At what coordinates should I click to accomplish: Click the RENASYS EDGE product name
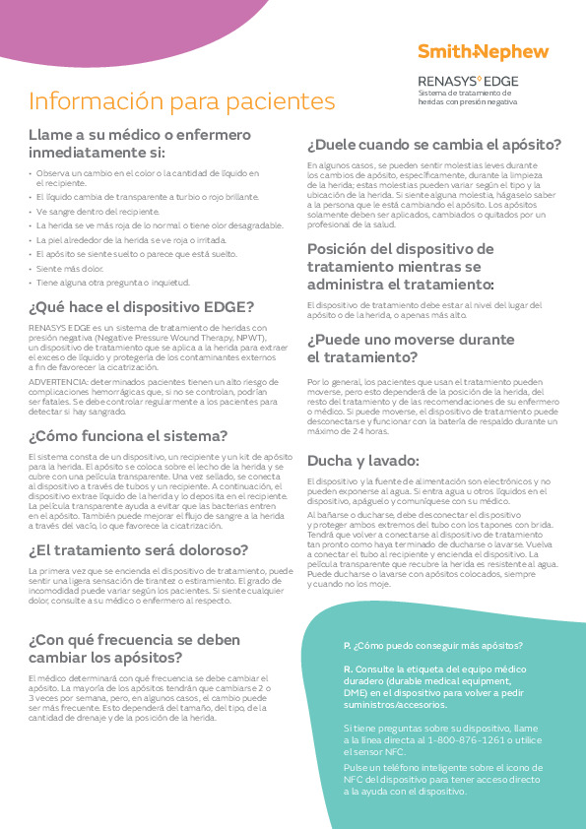click(x=469, y=80)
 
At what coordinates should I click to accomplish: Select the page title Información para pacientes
click(x=181, y=101)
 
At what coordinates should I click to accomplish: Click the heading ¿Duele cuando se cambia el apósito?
click(x=434, y=144)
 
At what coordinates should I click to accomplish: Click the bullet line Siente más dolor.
click(x=69, y=267)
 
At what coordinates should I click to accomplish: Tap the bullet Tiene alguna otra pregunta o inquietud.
click(x=113, y=282)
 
